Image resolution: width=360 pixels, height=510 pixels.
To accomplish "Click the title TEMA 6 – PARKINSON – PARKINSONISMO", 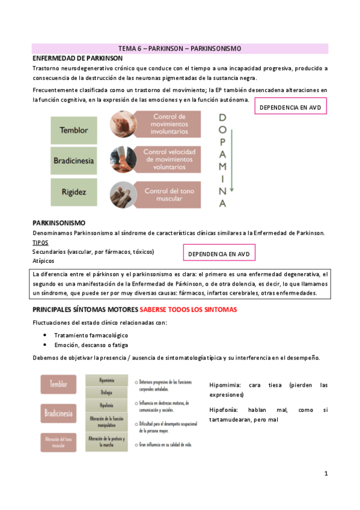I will pyautogui.click(x=180, y=49).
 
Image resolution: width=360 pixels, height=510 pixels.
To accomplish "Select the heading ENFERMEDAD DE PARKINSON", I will pyautogui.click(x=78, y=58).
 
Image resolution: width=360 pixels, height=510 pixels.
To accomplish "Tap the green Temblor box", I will pyautogui.click(x=75, y=129).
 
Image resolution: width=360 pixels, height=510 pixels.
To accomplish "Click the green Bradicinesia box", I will pyautogui.click(x=75, y=162).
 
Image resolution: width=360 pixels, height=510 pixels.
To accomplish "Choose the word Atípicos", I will pyautogui.click(x=43, y=261).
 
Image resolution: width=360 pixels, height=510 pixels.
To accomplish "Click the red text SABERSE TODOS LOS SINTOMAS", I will pyautogui.click(x=188, y=310).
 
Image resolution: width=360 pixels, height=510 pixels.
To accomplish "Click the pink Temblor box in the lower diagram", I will pyautogui.click(x=59, y=383).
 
